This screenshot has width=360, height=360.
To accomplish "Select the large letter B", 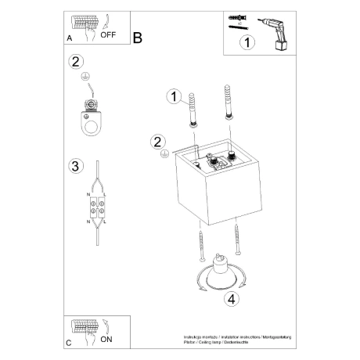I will [138, 36].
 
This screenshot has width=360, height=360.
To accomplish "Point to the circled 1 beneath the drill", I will [247, 43].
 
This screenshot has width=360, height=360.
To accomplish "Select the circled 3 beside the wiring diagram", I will [75, 166].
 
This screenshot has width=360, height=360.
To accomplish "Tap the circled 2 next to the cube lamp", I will [157, 142].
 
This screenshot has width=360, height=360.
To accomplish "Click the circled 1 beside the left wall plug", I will [174, 96].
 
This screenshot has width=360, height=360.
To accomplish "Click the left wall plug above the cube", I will [192, 105].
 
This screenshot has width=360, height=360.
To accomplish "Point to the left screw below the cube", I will [203, 245].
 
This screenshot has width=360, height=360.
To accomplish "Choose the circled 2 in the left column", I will [75, 62].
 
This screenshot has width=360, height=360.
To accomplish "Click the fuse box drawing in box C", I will [85, 329].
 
